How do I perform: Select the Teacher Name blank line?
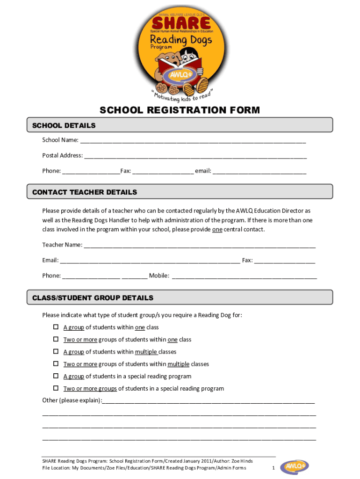tap(199, 245)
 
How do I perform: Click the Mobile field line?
tap(244, 276)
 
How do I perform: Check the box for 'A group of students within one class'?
tap(55, 327)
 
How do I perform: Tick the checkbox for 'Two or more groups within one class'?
tap(55, 339)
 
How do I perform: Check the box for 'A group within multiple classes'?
tap(55, 351)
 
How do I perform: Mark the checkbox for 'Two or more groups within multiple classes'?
tap(55, 363)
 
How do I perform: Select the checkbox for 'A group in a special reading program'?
tap(55, 376)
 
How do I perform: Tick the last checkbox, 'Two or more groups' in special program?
tap(55, 388)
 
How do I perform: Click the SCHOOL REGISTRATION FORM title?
tap(180, 110)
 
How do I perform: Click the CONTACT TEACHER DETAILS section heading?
tap(85, 192)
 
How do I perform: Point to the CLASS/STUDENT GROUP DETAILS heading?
tap(93, 298)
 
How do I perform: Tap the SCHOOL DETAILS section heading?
tap(64, 125)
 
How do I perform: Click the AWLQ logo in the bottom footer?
tap(294, 467)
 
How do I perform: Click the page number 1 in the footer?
tap(273, 468)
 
